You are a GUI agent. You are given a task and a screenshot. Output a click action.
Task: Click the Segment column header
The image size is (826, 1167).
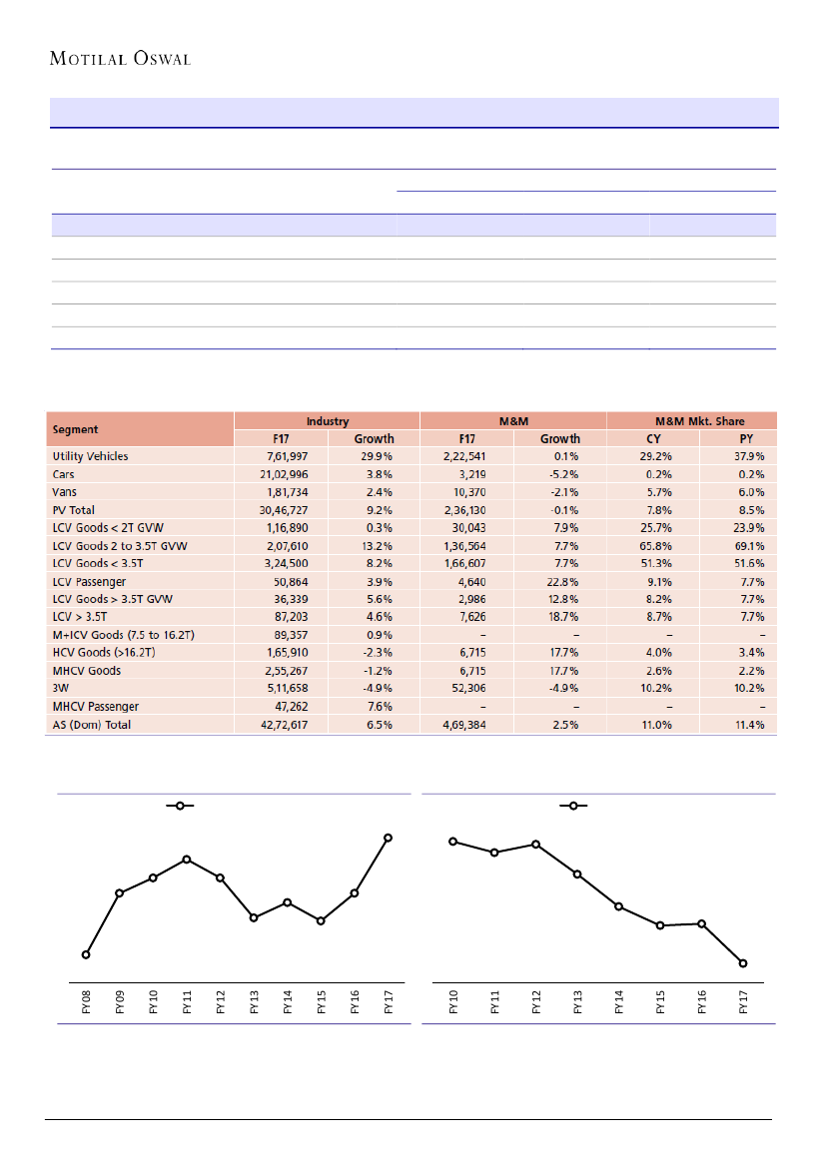pyautogui.click(x=76, y=429)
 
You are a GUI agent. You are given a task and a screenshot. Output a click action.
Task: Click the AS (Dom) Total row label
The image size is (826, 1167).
pyautogui.click(x=92, y=725)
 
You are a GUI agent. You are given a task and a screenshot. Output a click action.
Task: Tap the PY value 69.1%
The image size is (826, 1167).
pyautogui.click(x=749, y=546)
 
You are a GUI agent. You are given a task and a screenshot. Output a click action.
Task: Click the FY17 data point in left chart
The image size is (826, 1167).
pyautogui.click(x=389, y=838)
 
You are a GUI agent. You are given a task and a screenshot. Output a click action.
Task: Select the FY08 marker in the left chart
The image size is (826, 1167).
pyautogui.click(x=86, y=954)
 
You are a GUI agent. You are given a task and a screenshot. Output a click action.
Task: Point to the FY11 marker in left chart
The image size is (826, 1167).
pyautogui.click(x=187, y=860)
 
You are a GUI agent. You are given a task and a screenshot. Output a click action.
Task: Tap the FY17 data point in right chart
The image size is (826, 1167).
pyautogui.click(x=743, y=963)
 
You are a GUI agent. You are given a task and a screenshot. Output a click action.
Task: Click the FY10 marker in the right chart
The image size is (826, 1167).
pyautogui.click(x=452, y=842)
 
